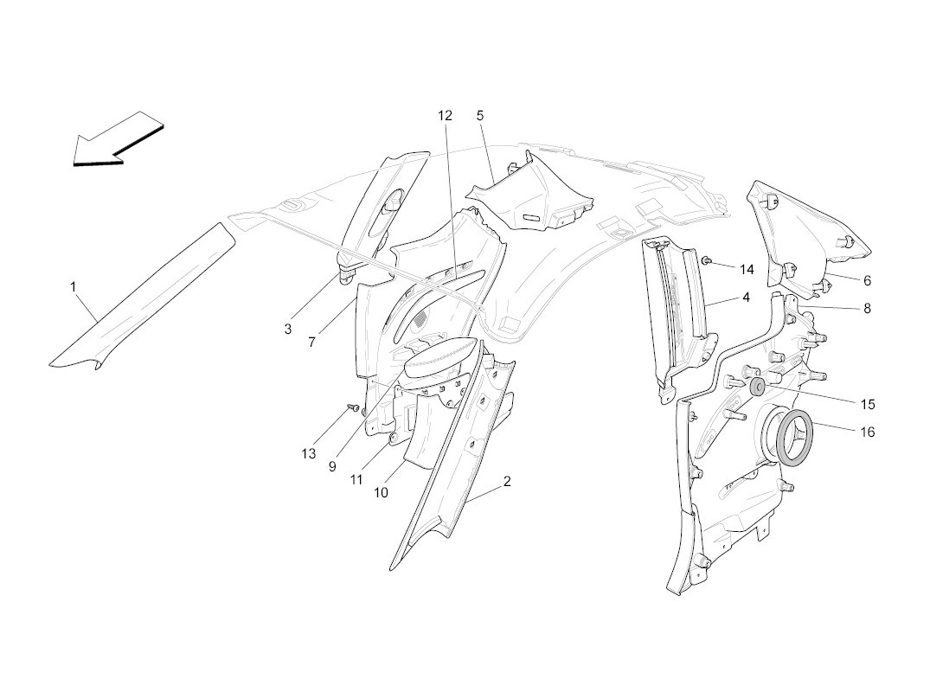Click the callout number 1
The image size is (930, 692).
point(73,287)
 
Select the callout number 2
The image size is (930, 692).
point(507,482)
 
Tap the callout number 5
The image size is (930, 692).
point(480,116)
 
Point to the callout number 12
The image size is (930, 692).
point(445,116)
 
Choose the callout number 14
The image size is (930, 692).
point(747,270)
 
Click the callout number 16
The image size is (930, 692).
point(867,432)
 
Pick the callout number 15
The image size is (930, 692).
point(867,405)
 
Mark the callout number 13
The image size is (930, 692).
point(309,453)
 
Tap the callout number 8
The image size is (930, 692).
point(867,308)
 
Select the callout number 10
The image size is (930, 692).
point(381,492)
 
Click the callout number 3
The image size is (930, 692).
point(288,329)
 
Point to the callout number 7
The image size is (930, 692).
point(311,343)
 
